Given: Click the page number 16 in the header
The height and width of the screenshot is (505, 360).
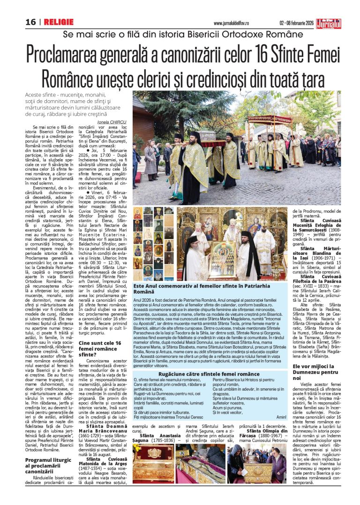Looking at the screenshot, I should (31, 22).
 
